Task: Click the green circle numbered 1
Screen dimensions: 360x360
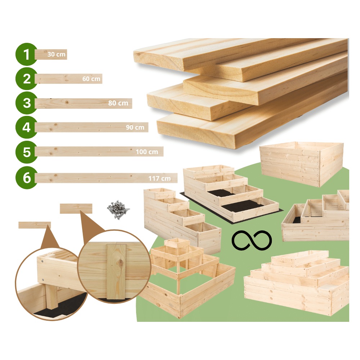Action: click(27, 54)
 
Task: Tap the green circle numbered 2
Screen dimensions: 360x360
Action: click(27, 79)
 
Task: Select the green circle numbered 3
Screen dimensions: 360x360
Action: click(27, 103)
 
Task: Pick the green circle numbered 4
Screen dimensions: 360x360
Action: click(27, 127)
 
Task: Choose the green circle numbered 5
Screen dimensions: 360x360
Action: click(27, 152)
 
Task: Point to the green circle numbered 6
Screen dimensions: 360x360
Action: click(27, 178)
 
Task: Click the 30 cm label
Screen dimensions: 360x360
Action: click(57, 54)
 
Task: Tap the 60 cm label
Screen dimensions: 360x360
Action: click(91, 79)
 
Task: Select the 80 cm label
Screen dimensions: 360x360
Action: click(118, 103)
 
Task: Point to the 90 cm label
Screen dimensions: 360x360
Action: click(135, 127)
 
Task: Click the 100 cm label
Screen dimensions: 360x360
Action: click(147, 152)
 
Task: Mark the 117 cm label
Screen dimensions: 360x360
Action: click(159, 179)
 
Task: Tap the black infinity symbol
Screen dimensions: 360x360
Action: click(252, 240)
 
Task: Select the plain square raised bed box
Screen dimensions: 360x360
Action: click(301, 163)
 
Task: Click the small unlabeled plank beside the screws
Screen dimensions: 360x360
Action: click(76, 208)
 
